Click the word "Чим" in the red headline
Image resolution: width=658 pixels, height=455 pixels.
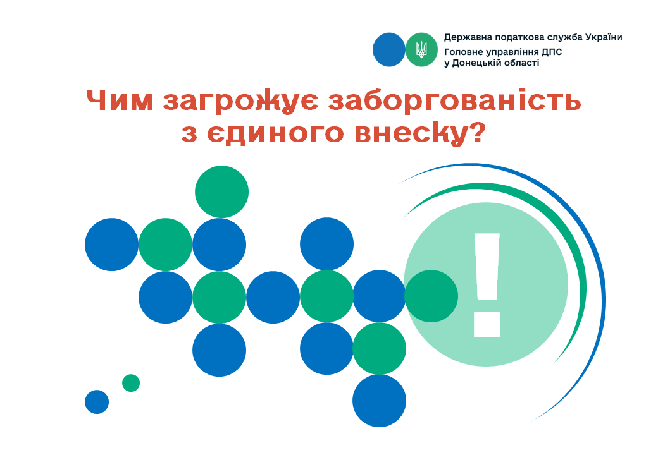[120, 100]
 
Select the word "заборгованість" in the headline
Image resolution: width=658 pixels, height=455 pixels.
[454, 100]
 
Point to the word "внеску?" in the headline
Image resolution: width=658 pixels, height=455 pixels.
[418, 134]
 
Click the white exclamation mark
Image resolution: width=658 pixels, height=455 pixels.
[487, 285]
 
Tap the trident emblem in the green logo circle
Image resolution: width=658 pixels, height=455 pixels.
[421, 50]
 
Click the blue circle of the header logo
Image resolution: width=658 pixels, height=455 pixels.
[389, 49]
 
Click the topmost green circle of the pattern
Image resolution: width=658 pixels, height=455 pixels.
[221, 192]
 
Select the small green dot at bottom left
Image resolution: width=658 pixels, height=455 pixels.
[131, 383]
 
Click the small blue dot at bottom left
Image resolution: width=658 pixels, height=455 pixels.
[97, 402]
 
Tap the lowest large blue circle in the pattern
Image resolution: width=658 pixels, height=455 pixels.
[380, 401]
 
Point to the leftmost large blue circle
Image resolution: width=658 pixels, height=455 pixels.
[111, 245]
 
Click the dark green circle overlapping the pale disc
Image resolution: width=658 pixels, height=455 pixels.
[431, 296]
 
